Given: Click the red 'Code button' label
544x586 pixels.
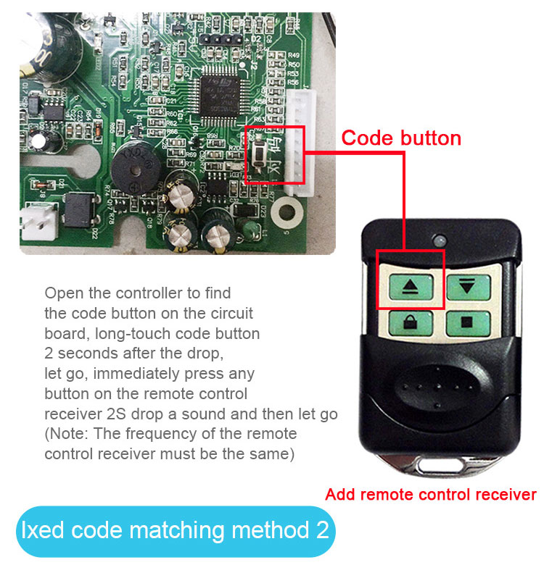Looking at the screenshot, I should coord(401,138).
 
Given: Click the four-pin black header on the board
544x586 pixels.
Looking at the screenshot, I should coord(225,37).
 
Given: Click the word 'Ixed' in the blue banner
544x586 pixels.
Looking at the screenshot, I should coord(44,530).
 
